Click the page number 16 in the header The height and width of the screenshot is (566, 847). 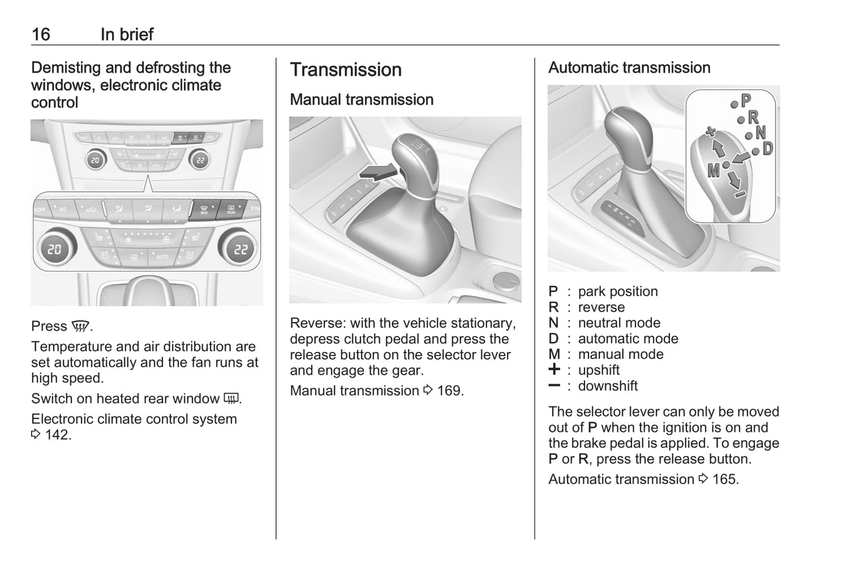click(x=40, y=34)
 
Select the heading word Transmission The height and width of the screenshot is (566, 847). click(x=346, y=70)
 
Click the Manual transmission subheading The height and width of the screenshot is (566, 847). click(x=362, y=100)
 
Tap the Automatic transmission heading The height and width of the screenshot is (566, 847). click(x=629, y=68)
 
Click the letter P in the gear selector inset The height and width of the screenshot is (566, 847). click(x=746, y=101)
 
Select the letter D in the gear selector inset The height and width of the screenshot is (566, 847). click(x=767, y=148)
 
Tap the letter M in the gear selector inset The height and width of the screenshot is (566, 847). click(x=713, y=171)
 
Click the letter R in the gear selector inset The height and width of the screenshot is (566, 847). click(x=753, y=117)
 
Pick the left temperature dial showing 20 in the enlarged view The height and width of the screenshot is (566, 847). click(x=55, y=249)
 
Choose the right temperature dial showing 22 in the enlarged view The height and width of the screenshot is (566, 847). click(x=240, y=249)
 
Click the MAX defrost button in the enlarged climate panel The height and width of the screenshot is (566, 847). click(x=204, y=209)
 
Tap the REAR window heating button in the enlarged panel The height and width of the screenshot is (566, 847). click(x=231, y=209)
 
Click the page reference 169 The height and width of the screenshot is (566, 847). click(x=450, y=391)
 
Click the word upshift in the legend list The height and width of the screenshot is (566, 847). click(x=598, y=370)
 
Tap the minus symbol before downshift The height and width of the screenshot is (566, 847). click(x=554, y=385)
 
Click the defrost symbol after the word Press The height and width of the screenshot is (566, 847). click(x=80, y=327)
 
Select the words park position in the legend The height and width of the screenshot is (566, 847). click(x=618, y=292)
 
